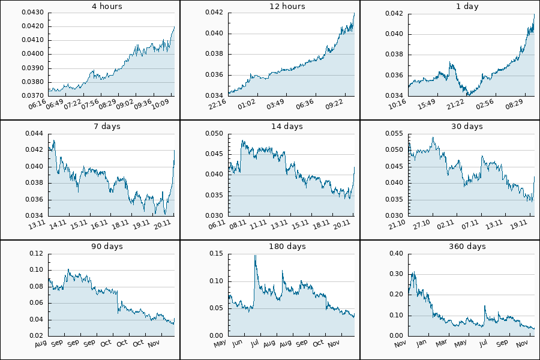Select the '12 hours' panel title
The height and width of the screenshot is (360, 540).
(288, 7)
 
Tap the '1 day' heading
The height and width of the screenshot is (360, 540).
(468, 7)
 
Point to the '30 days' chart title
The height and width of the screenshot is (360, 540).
(468, 127)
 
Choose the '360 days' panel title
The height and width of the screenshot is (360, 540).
(468, 247)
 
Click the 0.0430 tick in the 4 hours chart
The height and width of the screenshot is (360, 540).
(34, 13)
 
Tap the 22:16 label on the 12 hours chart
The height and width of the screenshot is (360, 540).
(218, 103)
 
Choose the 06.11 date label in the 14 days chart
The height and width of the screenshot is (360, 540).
(218, 224)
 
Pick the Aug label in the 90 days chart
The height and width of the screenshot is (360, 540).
(41, 343)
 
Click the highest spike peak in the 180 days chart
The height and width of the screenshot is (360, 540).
(255, 256)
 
